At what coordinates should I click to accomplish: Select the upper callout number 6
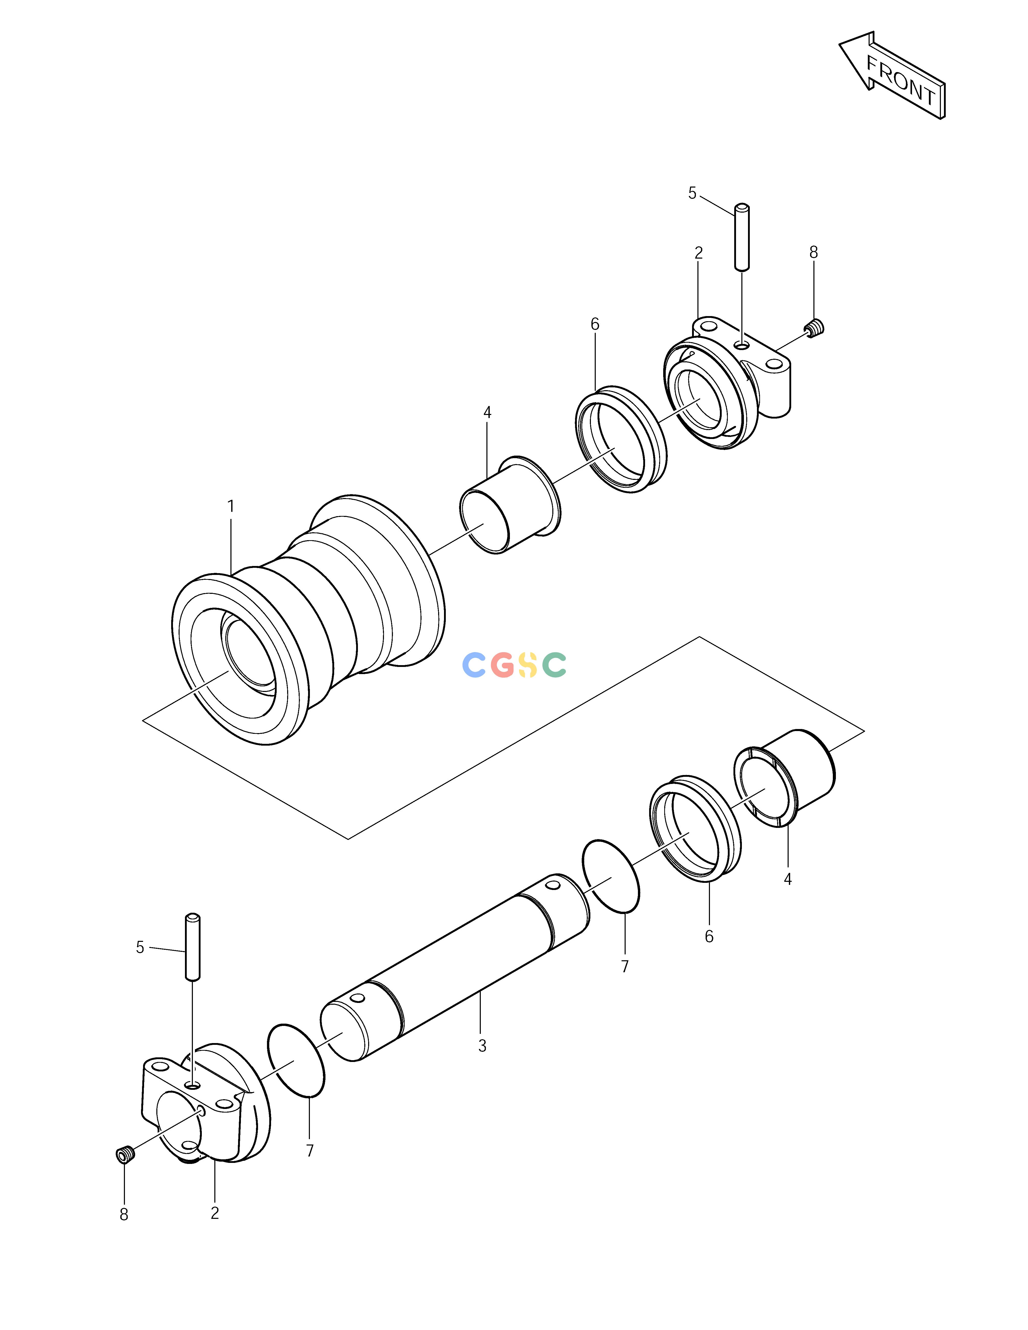point(595,324)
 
